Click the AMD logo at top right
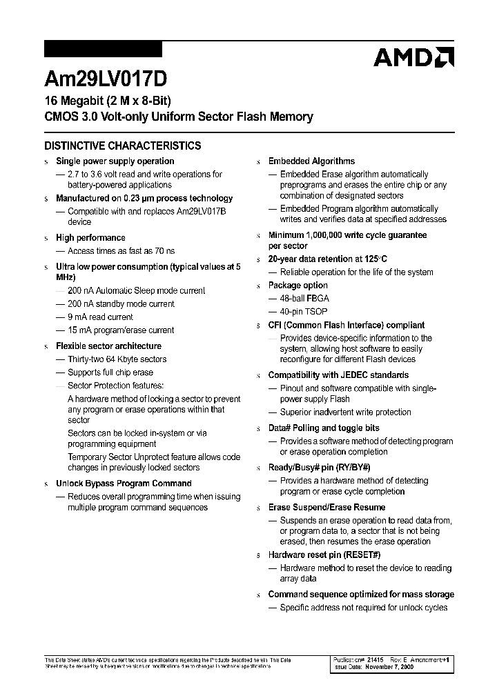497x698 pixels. pyautogui.click(x=413, y=57)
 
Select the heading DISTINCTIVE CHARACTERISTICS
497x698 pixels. pyautogui.click(x=123, y=146)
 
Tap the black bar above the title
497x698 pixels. pyautogui.click(x=103, y=49)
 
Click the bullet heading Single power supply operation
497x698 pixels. pyautogui.click(x=115, y=161)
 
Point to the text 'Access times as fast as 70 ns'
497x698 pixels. pyautogui.click(x=121, y=251)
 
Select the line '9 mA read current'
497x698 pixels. pyautogui.click(x=100, y=317)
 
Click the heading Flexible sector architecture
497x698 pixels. pyautogui.click(x=108, y=346)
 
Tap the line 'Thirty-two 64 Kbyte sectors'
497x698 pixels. pyautogui.click(x=117, y=359)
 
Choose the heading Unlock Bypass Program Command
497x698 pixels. pyautogui.click(x=124, y=483)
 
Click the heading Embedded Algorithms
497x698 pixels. pyautogui.click(x=311, y=161)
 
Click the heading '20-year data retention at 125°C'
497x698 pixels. pyautogui.click(x=328, y=259)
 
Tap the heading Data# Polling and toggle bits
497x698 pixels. pyautogui.click(x=324, y=428)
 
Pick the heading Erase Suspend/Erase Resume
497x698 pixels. pyautogui.click(x=327, y=507)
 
